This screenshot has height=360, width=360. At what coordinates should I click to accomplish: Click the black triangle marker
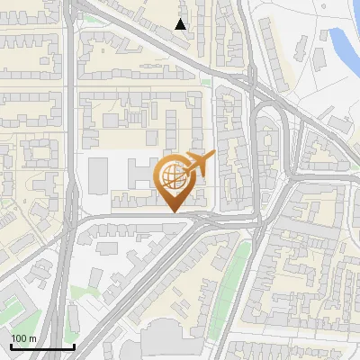pos(181,24)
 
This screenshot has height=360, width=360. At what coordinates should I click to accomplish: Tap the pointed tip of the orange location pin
pos(173,211)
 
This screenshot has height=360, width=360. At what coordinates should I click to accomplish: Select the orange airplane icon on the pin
pos(200,164)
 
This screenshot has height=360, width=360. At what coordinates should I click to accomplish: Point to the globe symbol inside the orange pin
pos(172,176)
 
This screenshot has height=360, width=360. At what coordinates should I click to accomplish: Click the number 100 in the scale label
pos(19,338)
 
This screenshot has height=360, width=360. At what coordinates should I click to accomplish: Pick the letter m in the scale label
pos(32,338)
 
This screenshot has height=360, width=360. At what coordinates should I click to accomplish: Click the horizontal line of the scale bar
pos(41,346)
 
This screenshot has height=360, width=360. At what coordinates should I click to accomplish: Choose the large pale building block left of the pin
pos(99,176)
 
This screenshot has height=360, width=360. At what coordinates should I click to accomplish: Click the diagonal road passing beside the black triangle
pos(153,40)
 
